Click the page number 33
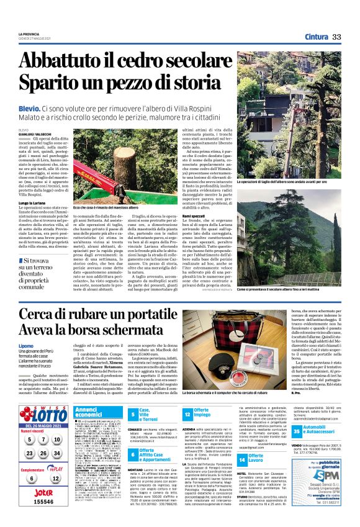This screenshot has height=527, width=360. [x=336, y=37]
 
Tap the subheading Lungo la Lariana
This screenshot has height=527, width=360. [x=34, y=203]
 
